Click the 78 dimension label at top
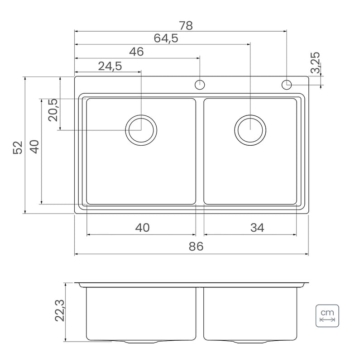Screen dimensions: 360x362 (186, 25)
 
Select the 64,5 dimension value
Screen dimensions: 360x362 (166, 38)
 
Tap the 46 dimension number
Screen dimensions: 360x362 (136, 52)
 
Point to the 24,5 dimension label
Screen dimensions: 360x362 (110, 66)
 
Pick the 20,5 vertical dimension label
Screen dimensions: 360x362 (53, 110)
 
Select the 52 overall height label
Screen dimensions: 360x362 (18, 148)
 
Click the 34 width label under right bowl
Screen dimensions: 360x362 (257, 228)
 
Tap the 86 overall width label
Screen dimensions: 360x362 (196, 246)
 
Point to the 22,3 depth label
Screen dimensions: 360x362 (60, 310)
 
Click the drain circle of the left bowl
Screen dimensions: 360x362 (141, 130)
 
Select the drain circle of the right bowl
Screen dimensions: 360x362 (250, 130)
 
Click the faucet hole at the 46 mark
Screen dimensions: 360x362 (200, 85)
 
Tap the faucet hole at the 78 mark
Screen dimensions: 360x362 (287, 85)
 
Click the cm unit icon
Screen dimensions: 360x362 (327, 316)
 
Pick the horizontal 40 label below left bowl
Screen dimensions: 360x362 (142, 228)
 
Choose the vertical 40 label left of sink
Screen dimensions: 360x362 (35, 147)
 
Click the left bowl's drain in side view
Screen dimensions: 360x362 (141, 341)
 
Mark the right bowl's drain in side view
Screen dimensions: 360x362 (250, 341)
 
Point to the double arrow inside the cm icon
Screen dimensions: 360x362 (327, 320)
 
